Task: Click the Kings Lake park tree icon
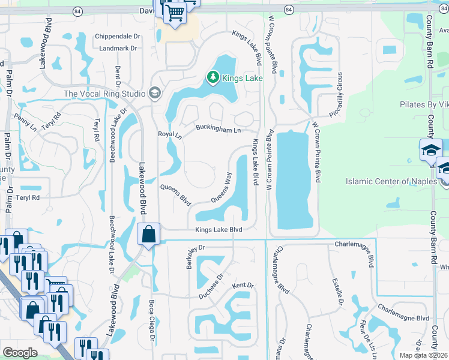tap(212, 77)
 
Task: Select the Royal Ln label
tap(169, 135)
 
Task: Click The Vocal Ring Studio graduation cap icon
tap(154, 93)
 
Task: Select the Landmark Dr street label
tap(118, 48)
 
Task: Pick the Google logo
tap(20, 352)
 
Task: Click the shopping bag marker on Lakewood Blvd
tap(148, 235)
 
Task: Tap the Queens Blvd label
tap(175, 194)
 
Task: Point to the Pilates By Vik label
tap(424, 104)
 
